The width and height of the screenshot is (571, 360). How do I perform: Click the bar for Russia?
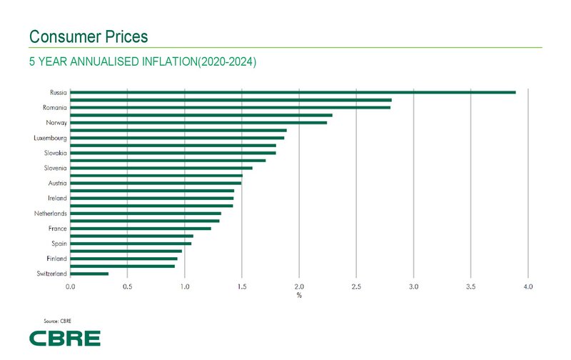pos(293,92)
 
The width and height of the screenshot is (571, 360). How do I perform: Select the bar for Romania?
pos(231,107)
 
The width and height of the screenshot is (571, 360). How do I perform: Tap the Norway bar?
pos(198,122)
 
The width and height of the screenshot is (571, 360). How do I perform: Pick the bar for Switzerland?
pos(89,274)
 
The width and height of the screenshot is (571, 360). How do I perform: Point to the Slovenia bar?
pos(161,168)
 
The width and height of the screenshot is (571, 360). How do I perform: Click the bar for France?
pos(141,229)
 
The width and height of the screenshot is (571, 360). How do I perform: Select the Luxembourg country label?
pos(50,138)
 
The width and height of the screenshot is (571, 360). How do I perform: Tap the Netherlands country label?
pos(50,214)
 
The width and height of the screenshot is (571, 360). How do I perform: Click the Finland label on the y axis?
pos(56,259)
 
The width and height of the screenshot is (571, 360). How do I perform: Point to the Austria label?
pos(57,183)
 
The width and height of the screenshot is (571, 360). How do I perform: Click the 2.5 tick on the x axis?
pos(356,286)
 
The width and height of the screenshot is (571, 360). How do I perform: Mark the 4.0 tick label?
pos(528,286)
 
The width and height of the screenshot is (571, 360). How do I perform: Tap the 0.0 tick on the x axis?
pos(71,286)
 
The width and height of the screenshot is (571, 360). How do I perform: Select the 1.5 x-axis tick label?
pos(242,286)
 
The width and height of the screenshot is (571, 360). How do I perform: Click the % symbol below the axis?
pos(299,296)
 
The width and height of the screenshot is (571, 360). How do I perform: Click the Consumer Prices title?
pos(88,36)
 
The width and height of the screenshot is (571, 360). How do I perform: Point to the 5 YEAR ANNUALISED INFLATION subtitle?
pos(142,62)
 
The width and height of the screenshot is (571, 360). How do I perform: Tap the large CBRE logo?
pos(64,338)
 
